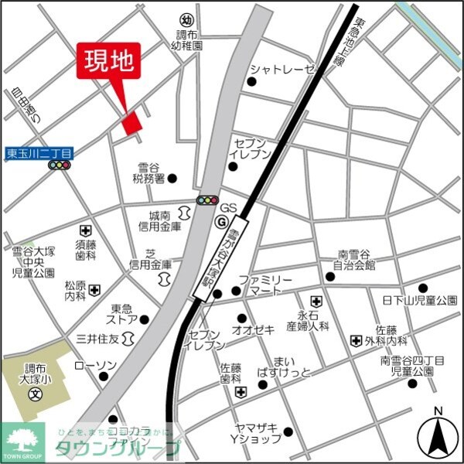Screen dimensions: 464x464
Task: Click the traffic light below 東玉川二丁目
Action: click(58, 165)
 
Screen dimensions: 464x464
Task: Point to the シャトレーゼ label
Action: click(282, 70)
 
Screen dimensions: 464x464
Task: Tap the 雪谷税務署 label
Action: click(148, 173)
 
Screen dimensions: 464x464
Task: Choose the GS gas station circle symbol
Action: click(221, 221)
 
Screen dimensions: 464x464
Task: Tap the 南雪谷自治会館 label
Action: click(354, 260)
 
